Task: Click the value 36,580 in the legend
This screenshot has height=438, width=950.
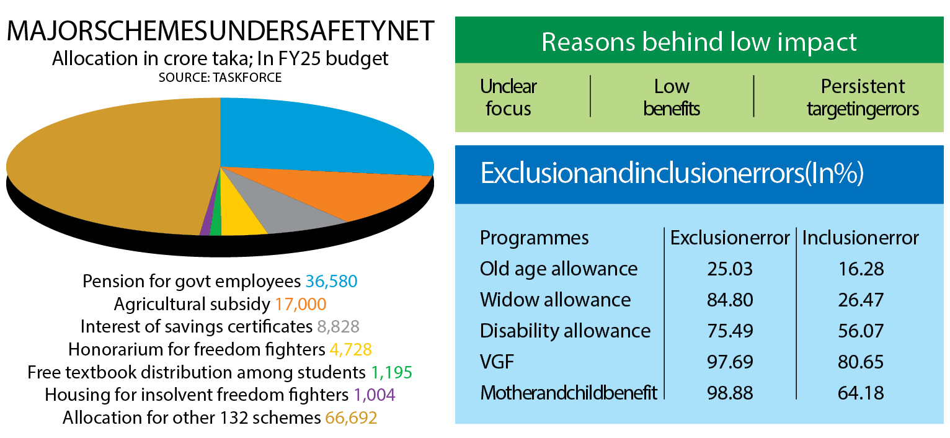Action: click(331, 282)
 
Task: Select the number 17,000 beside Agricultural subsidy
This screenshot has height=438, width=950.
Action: click(301, 305)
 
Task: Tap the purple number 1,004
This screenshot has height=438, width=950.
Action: click(375, 395)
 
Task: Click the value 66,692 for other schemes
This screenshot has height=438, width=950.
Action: click(351, 418)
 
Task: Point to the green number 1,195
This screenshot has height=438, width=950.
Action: click(391, 373)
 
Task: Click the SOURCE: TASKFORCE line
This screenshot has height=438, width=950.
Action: click(220, 78)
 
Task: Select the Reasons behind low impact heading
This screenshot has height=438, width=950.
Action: click(699, 42)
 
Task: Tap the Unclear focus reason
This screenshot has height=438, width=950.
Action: click(508, 97)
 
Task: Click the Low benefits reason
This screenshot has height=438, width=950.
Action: click(672, 97)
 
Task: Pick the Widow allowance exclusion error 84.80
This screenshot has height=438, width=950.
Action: click(730, 300)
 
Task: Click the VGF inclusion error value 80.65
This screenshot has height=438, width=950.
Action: click(861, 362)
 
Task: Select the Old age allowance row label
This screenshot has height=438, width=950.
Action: click(559, 269)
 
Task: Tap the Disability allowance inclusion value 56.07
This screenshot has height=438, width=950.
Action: click(861, 331)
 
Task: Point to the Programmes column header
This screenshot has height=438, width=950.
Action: click(535, 238)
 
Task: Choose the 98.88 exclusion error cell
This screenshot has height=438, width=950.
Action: click(730, 393)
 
